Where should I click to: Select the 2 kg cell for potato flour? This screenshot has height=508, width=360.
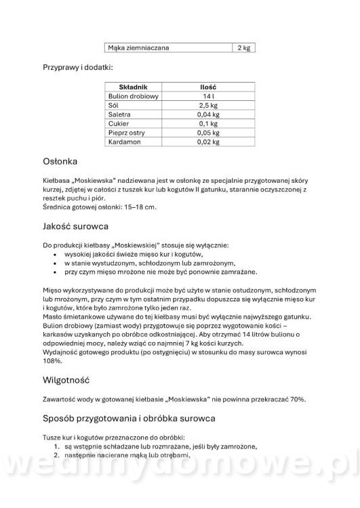click(244, 48)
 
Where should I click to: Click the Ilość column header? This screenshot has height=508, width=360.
click(207, 87)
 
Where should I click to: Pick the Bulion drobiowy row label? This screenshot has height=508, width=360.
click(133, 97)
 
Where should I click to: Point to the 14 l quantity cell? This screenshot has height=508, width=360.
click(207, 97)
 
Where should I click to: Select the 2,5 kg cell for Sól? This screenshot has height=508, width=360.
click(207, 106)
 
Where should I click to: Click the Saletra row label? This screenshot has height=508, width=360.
click(121, 115)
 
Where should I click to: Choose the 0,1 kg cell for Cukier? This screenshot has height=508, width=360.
click(207, 125)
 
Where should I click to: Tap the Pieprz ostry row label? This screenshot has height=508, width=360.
click(127, 133)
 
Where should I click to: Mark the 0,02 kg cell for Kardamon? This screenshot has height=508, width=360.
click(207, 142)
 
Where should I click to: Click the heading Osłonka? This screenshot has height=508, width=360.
click(60, 162)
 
